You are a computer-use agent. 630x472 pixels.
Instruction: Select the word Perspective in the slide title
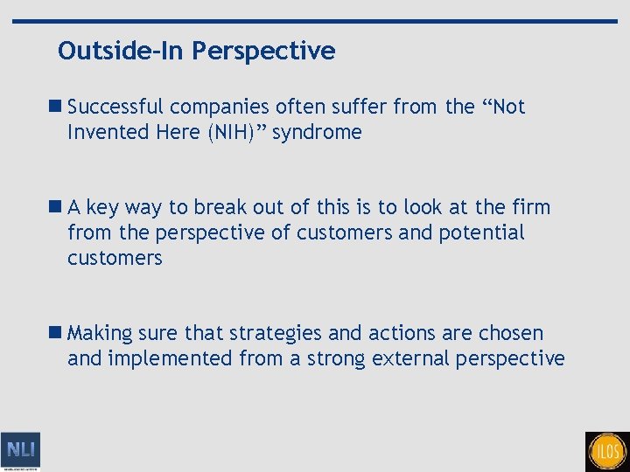point(263,52)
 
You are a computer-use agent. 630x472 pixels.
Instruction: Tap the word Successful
point(115,108)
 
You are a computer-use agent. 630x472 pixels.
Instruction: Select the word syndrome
point(317,133)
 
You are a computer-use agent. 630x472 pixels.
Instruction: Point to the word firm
point(532,208)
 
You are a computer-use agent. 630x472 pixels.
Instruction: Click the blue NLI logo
point(20,451)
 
